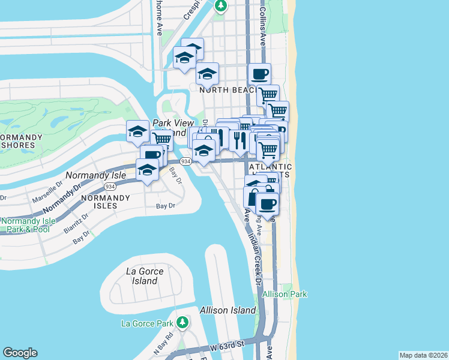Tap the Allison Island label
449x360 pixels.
(x=228, y=310)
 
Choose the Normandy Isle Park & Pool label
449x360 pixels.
(x=28, y=225)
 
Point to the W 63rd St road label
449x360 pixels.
(x=228, y=347)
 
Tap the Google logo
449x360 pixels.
(x=20, y=353)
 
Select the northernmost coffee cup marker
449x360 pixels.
(x=259, y=74)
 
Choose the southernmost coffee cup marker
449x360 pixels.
(x=267, y=203)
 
